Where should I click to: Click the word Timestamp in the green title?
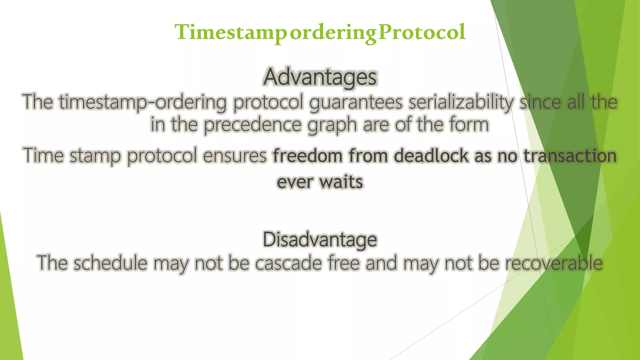click(231, 32)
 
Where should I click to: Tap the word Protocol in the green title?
click(422, 32)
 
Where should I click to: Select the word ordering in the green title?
click(333, 33)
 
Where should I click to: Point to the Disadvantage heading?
click(320, 240)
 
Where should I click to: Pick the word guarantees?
click(356, 102)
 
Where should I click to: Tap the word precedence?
click(253, 125)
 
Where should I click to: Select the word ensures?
click(235, 156)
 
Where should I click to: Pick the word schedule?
click(110, 263)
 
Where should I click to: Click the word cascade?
click(288, 263)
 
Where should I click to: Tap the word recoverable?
click(554, 263)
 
